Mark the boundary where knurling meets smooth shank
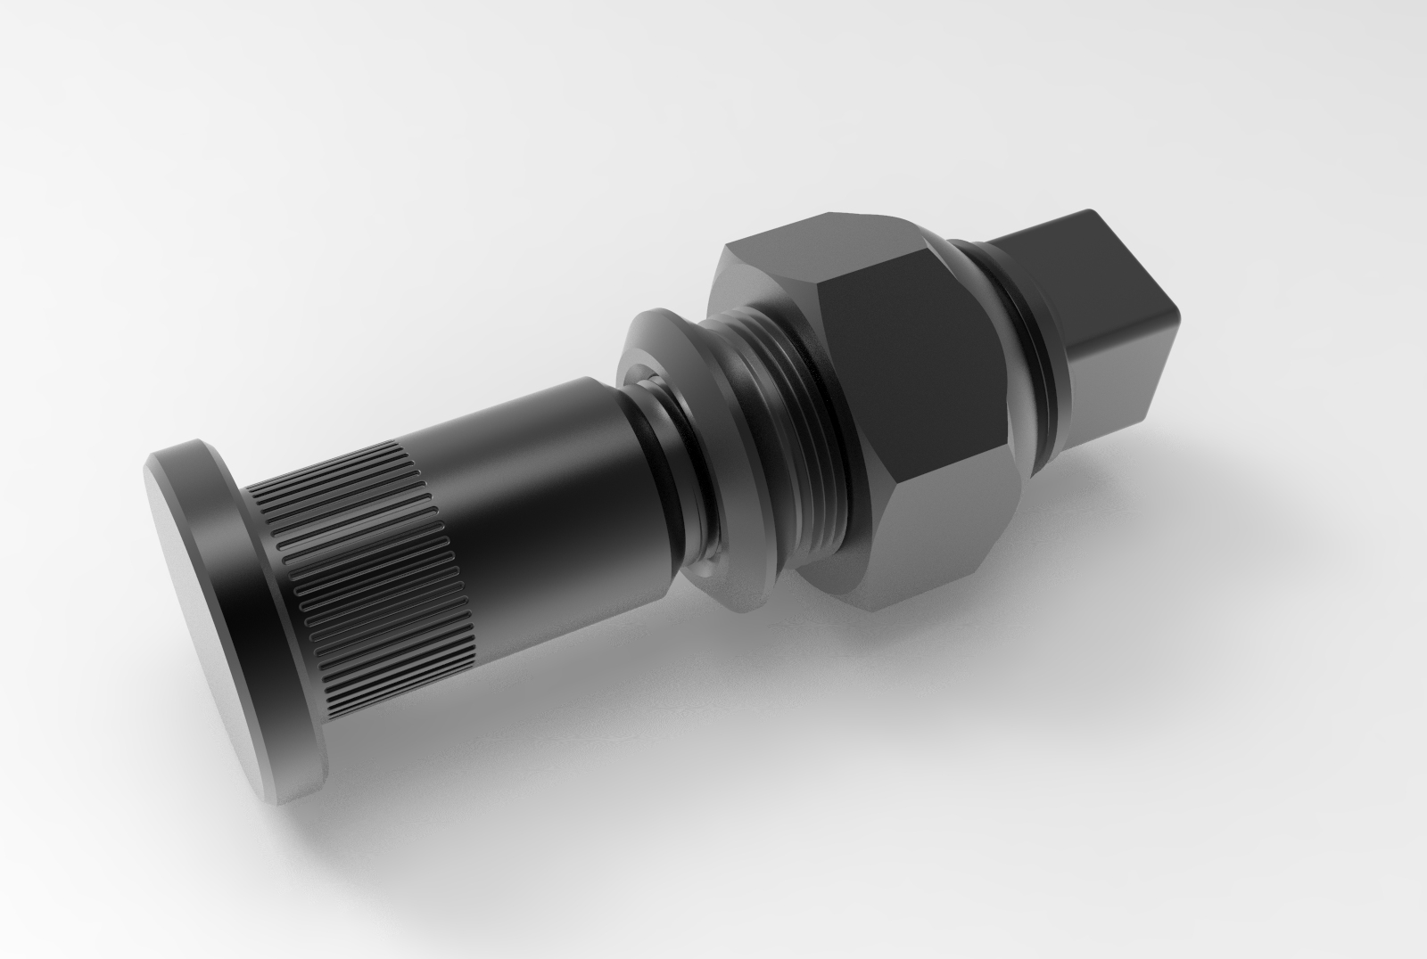pyautogui.click(x=455, y=544)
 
